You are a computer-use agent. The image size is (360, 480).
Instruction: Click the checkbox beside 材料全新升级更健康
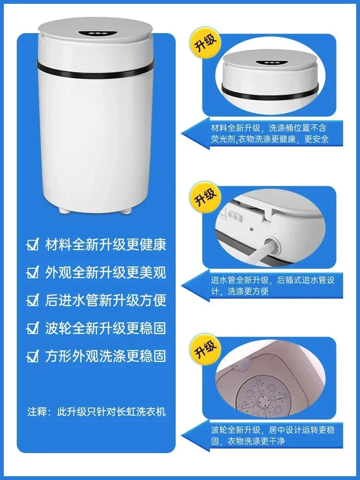[33, 245]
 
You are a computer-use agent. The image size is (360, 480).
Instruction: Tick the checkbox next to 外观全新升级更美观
[33, 273]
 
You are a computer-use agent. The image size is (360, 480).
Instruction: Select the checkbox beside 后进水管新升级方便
[33, 300]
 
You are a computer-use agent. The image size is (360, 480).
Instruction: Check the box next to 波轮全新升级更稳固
[33, 328]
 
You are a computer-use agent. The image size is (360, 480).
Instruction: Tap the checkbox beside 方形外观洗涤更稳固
[33, 356]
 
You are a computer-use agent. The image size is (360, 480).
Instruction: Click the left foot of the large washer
[63, 210]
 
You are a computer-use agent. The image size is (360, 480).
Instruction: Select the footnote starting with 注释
[96, 412]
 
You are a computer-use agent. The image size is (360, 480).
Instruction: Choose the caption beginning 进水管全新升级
[273, 286]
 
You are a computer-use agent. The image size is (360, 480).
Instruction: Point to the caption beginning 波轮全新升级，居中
[273, 435]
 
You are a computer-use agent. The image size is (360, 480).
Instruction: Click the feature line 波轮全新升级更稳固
[105, 328]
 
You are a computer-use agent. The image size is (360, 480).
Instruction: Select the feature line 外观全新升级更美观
[105, 273]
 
